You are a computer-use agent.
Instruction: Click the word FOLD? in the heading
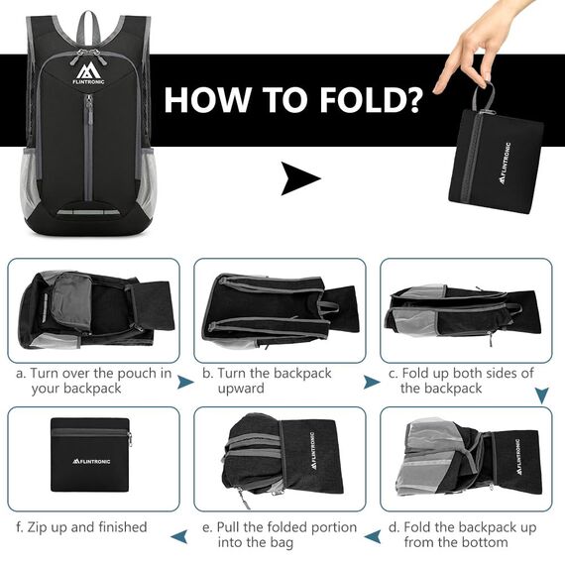pos(370,100)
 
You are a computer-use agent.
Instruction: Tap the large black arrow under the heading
pos(300,178)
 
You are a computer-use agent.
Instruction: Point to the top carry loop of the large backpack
pos(88,27)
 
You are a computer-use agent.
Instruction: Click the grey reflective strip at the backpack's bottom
pos(88,212)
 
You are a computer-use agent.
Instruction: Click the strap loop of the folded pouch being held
pos(484,96)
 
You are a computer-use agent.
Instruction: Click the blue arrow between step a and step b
pos(185,382)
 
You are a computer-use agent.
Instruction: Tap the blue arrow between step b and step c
pos(371,382)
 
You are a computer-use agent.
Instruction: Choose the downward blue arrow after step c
pos(541,395)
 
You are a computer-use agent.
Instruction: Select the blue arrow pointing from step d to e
pos(373,536)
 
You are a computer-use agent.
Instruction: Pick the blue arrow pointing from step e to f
pos(179,536)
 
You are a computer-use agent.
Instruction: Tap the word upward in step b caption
pos(241,389)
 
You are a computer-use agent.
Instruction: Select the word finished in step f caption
pos(123,527)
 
